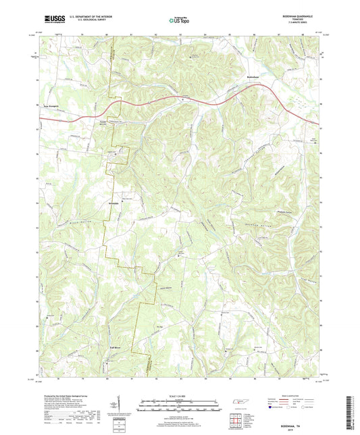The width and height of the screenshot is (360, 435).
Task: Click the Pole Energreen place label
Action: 52,105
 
